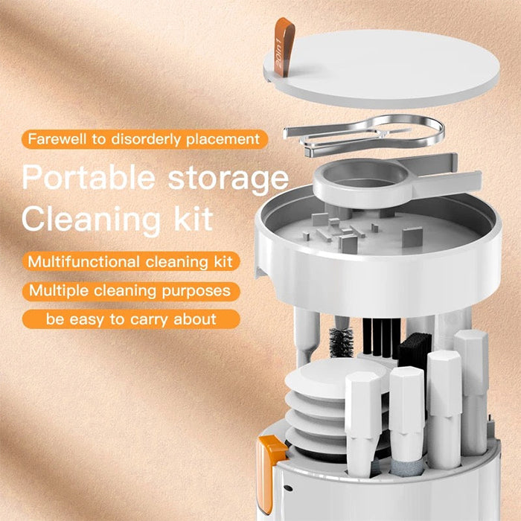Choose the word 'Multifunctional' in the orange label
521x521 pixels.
point(83,261)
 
